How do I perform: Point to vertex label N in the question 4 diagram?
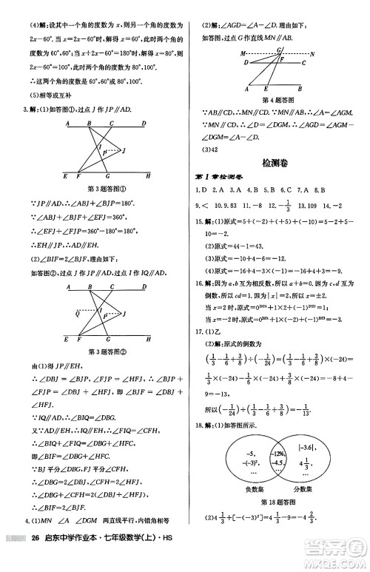pos(312,54)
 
